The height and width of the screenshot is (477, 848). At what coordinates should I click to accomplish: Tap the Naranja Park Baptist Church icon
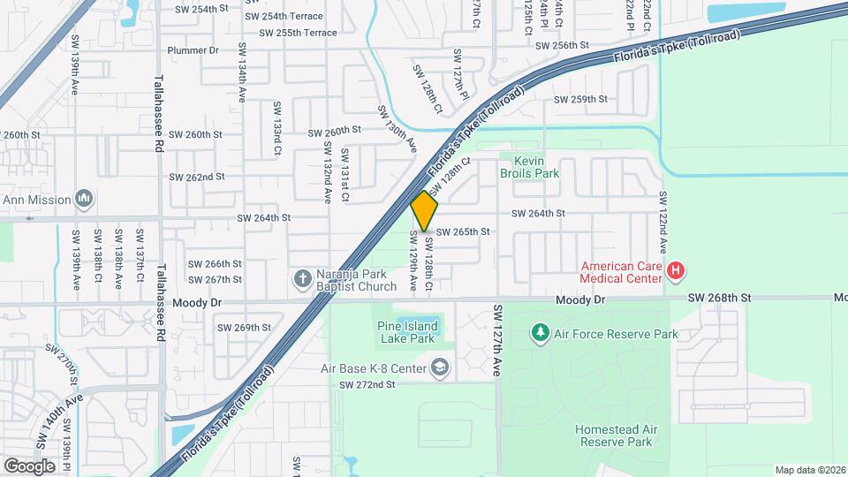[x=302, y=279]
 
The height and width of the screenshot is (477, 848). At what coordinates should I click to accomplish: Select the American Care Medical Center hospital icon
[x=676, y=271]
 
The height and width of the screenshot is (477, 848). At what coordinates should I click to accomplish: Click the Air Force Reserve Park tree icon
[x=540, y=333]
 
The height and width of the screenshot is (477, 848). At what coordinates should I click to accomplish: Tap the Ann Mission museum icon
[x=85, y=199]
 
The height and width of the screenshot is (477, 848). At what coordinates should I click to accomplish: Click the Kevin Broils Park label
[x=530, y=167]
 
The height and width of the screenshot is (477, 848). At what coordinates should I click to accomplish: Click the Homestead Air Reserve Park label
[x=616, y=435]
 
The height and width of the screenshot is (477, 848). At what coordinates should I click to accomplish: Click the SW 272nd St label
[x=367, y=384]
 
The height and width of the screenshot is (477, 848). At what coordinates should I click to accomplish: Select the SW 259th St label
[x=580, y=99]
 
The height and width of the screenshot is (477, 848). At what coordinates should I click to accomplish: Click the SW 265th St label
[x=462, y=231]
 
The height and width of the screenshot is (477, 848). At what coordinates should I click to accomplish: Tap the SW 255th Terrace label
[x=298, y=33]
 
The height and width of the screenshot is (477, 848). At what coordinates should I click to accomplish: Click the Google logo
[x=29, y=466]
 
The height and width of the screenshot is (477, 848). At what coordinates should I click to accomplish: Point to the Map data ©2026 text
[x=810, y=470]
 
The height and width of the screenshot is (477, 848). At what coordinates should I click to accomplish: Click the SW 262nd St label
[x=198, y=177]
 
